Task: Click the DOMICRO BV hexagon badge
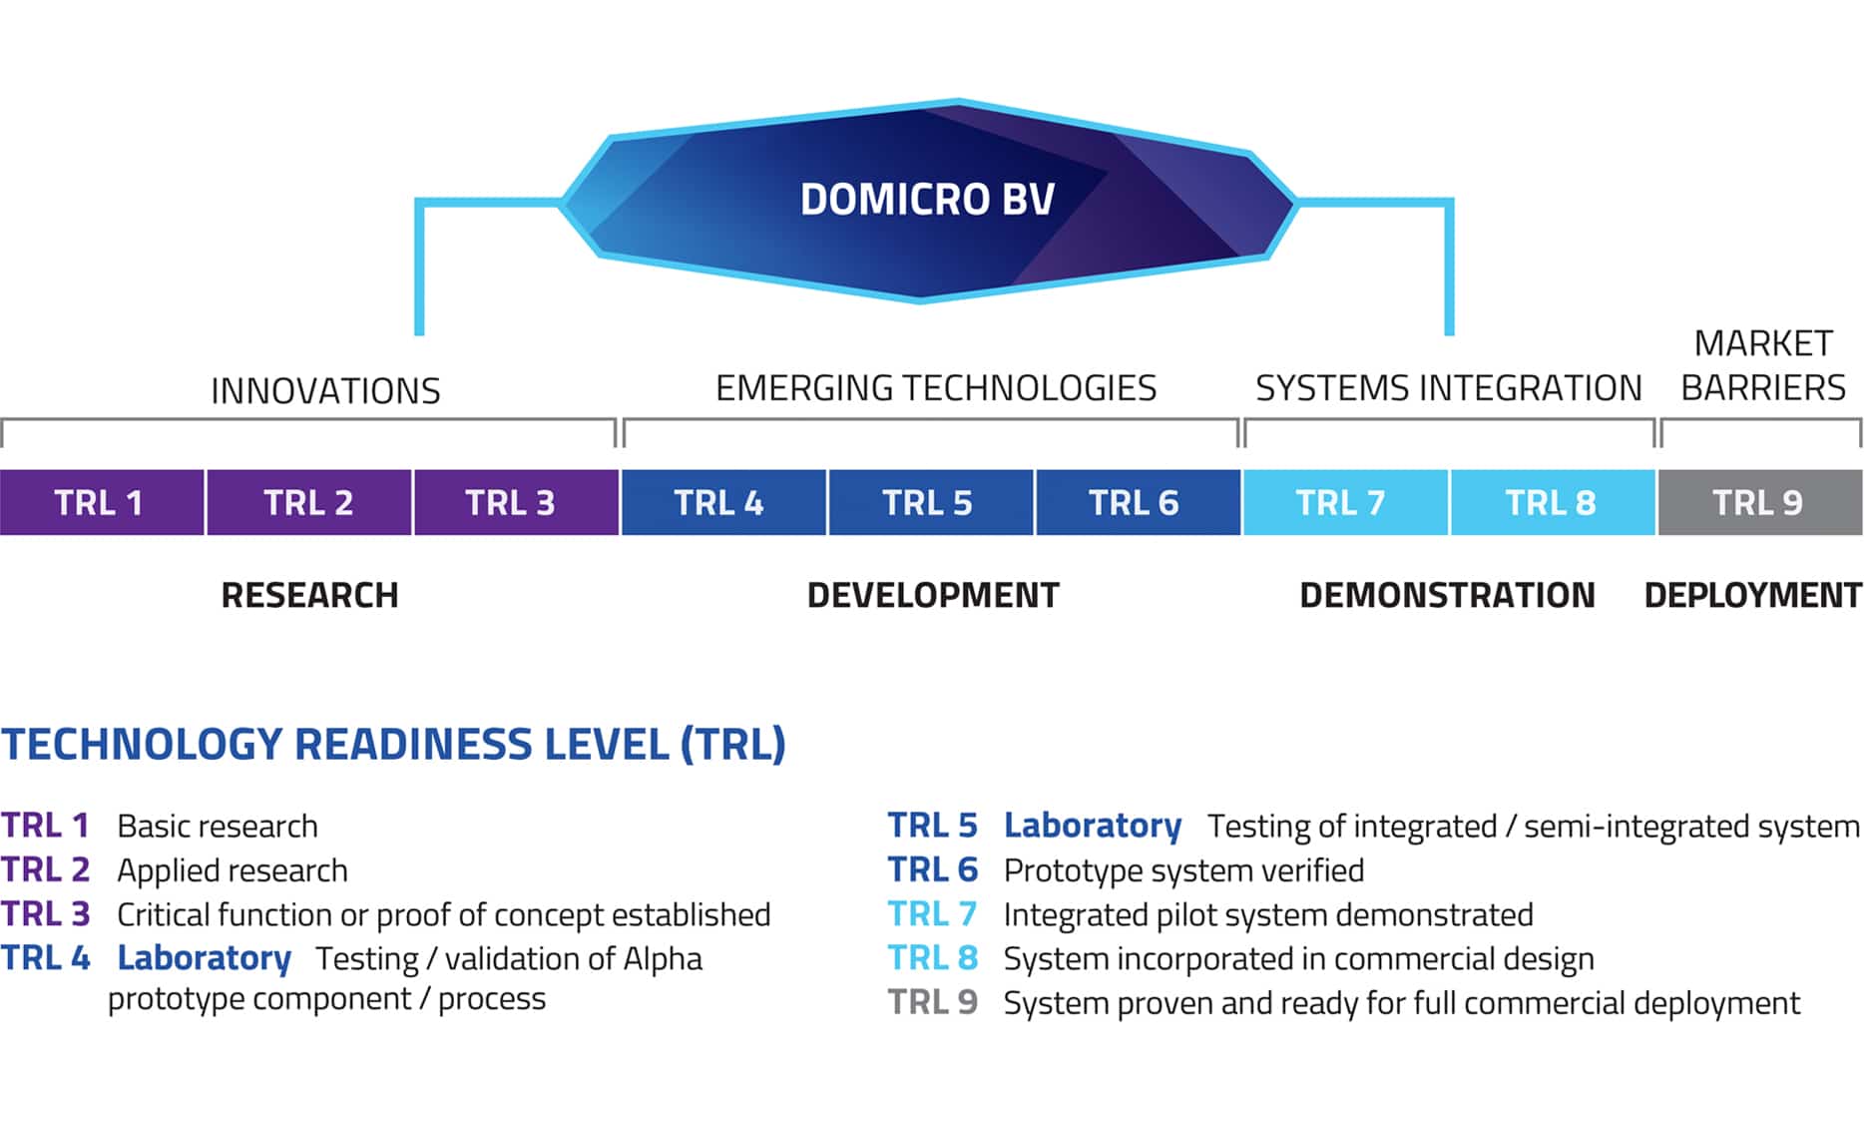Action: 928,200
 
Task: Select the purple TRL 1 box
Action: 101,502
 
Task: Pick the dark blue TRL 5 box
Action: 928,502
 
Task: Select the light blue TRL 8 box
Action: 1552,502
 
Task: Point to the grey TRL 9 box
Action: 1758,502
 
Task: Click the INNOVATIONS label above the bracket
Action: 325,390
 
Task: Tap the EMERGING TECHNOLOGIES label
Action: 935,387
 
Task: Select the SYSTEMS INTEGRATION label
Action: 1448,387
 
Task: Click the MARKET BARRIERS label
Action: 1763,365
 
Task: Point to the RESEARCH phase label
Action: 309,595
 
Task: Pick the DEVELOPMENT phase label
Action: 933,595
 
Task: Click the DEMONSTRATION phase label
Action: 1447,595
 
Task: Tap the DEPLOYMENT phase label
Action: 1752,595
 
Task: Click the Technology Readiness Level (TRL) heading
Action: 393,745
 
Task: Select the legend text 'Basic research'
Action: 218,827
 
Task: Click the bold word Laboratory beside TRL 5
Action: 1092,826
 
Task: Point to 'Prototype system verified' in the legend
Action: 1183,870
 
